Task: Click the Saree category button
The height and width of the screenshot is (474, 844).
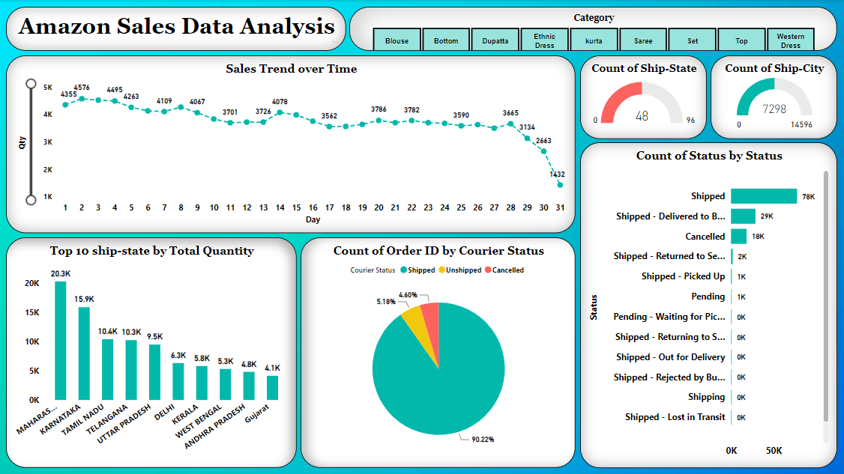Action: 643,40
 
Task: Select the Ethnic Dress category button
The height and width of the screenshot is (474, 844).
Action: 544,40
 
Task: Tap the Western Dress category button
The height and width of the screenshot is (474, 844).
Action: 790,40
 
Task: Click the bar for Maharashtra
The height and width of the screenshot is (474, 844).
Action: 60,341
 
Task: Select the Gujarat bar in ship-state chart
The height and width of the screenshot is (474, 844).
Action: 272,387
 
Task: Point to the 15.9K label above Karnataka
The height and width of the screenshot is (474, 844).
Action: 84,299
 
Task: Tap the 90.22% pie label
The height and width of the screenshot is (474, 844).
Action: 483,439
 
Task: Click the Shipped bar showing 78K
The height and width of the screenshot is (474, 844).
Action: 763,196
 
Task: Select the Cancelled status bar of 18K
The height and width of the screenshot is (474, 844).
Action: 738,237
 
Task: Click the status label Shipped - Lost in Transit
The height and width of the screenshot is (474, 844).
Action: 675,417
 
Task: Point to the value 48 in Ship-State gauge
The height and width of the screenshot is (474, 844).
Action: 642,116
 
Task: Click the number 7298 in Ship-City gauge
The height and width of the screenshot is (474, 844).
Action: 774,109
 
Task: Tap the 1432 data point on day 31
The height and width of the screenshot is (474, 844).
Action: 560,184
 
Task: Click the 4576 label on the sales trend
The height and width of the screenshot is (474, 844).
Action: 82,88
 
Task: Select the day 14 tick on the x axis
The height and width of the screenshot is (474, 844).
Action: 280,207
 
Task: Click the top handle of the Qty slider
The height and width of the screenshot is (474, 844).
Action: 31,84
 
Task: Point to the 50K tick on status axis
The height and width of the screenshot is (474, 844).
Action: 774,450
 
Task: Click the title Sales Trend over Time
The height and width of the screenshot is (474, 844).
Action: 291,69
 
